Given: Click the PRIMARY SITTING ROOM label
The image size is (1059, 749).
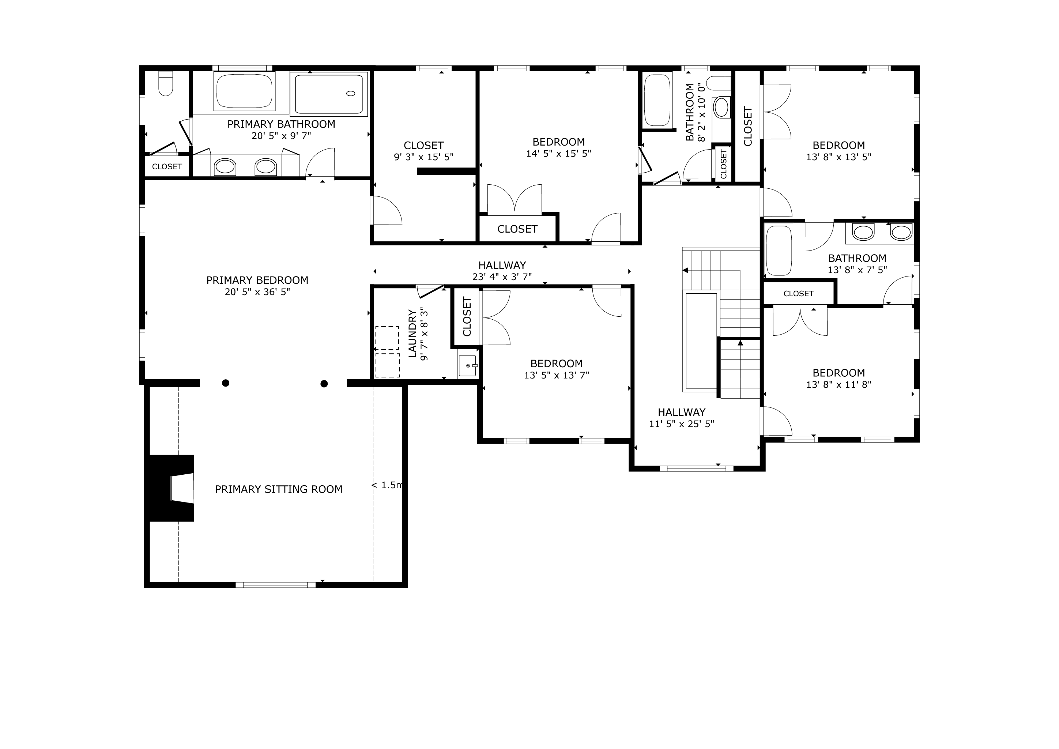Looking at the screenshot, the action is coord(279,489).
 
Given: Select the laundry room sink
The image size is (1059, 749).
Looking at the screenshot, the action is coord(468,366).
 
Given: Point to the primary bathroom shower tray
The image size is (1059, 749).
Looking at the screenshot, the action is coord(329,94).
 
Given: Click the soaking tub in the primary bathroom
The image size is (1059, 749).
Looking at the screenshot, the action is coord(245,91).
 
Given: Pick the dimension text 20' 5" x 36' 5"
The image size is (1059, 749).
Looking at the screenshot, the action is coord(257,292).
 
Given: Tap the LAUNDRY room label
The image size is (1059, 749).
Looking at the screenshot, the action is coord(412,334).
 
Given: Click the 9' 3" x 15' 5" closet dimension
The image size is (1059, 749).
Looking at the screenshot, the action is coord(423,157).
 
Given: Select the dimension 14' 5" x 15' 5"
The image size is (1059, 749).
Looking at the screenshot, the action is coord(558,154).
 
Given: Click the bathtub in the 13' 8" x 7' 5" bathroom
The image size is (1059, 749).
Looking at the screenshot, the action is coord(779,251).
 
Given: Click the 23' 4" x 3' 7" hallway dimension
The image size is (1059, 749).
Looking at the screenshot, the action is coord(502,277).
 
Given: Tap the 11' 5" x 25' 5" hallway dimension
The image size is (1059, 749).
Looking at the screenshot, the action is coord(682,424).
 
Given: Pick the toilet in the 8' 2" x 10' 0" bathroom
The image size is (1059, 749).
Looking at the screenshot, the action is coord(719,83).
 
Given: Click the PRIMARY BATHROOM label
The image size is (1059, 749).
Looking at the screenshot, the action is coord(281,124).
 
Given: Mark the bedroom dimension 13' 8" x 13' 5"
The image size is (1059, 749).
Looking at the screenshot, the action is coord(838,157).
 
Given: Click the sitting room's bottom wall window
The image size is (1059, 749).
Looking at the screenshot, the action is coord(276,585).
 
